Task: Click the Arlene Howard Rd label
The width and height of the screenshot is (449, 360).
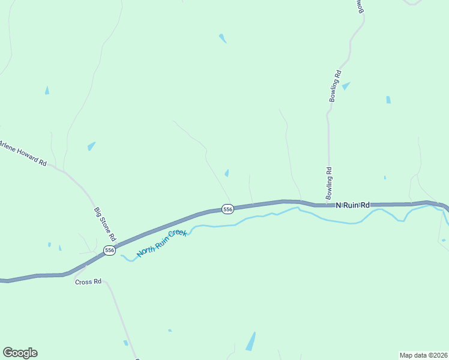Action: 23,154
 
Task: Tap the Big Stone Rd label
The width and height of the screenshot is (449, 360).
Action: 105,223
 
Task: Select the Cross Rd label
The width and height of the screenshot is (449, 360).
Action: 88,281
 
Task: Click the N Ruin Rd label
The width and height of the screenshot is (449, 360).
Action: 352,205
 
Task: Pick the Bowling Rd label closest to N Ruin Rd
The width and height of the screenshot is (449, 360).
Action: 329,184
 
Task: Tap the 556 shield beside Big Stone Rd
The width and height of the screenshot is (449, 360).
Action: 109,250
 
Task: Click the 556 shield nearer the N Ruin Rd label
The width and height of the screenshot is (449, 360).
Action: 228,209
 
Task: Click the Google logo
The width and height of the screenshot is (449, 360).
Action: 20,353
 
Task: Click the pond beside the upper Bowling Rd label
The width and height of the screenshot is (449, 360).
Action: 346,86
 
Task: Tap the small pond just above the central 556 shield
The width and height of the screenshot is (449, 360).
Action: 226,173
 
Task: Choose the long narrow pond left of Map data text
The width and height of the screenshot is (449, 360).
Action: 250,341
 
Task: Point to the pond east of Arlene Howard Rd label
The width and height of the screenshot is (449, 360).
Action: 91,146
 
